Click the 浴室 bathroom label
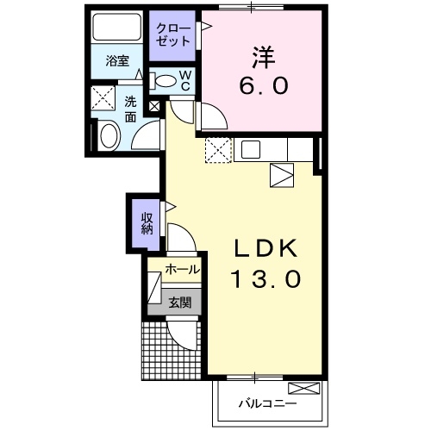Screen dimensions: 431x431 click(118, 62)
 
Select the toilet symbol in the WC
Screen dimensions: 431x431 click(166, 81)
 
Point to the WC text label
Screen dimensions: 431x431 click(185, 80)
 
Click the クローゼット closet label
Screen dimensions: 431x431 click(171, 34)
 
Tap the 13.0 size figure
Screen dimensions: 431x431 click(265, 279)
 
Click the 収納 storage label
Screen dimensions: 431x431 click(147, 222)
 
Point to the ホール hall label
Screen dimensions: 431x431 click(182, 270)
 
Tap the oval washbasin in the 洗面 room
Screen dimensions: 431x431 click(109, 135)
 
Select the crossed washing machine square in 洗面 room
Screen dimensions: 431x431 click(105, 97)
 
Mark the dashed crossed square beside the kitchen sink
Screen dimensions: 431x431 click(219, 150)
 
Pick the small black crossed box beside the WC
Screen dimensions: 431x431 click(154, 107)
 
